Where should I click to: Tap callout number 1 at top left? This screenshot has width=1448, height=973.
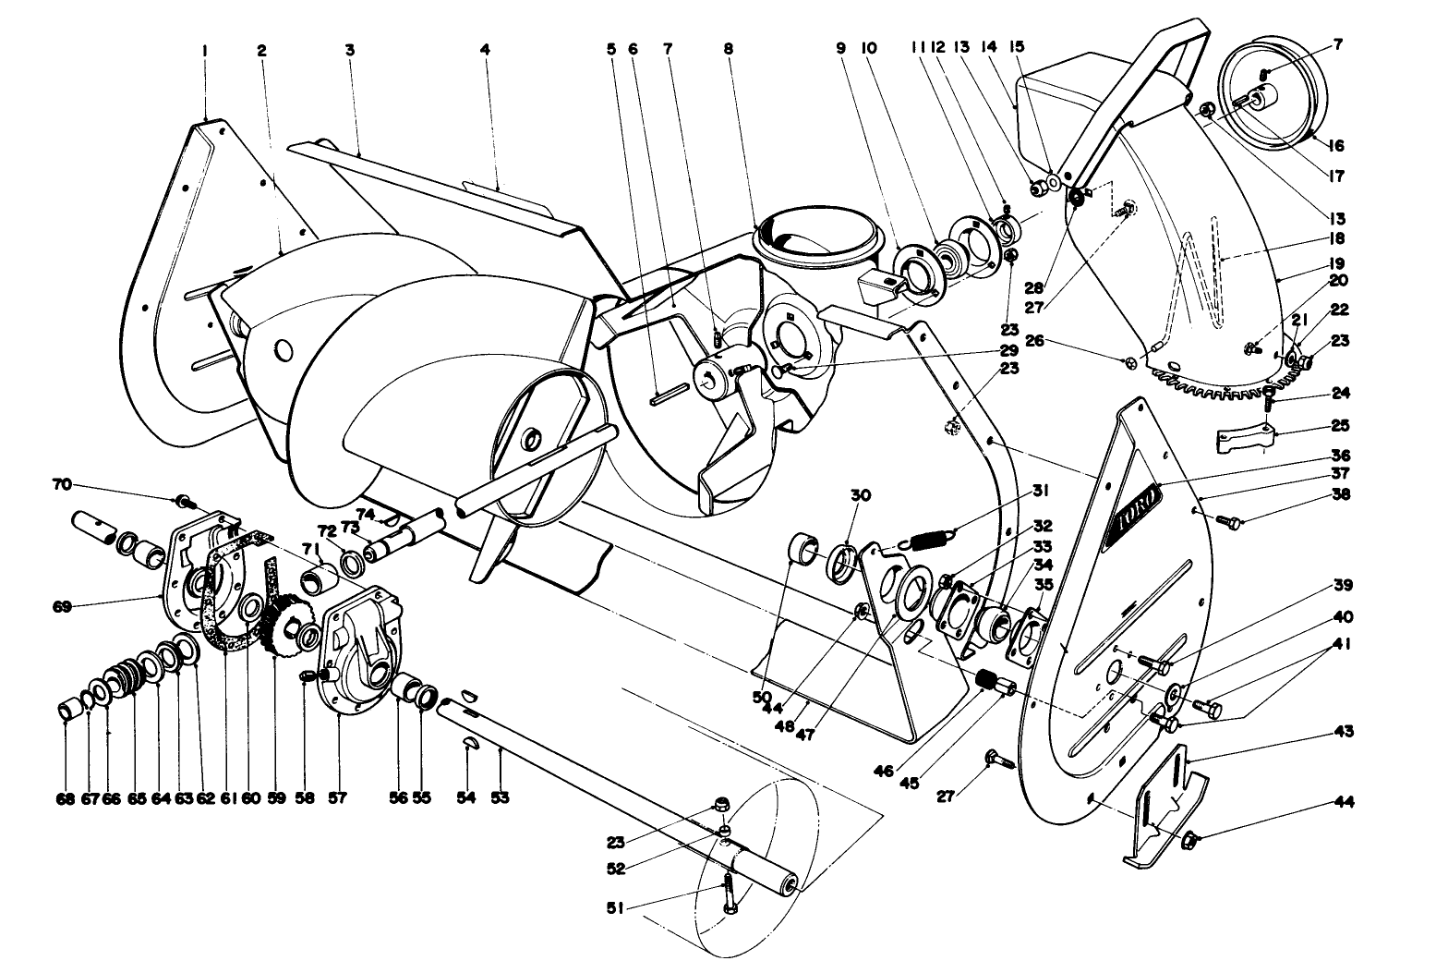coord(205,51)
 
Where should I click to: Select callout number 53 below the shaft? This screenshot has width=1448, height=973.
coord(500,797)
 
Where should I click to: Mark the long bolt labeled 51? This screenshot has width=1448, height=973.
coord(729,891)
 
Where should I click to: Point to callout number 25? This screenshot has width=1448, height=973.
coord(1340,426)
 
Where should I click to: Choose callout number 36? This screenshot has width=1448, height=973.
coord(1341,455)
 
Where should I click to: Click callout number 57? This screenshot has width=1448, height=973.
coord(337,797)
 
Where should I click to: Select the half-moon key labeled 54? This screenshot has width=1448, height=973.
coord(469,746)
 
